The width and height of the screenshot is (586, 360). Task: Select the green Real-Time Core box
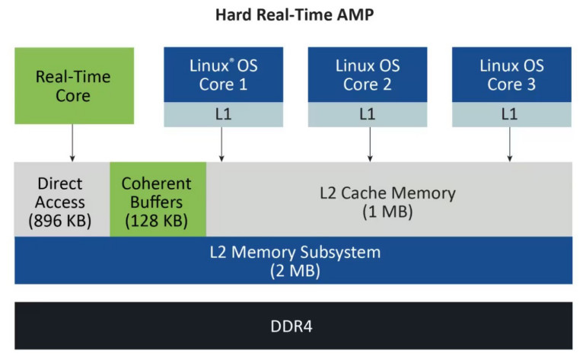74,86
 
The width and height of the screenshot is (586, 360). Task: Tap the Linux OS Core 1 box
223,75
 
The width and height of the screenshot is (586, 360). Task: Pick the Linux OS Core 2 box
367,75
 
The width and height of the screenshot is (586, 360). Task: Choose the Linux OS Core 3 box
511,75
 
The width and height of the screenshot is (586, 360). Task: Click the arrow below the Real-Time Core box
73,142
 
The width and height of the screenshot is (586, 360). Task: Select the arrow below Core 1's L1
221,144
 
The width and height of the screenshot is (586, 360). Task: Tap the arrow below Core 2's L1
370,144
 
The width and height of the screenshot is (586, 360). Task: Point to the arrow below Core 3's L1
510,144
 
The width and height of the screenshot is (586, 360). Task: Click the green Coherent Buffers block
158,199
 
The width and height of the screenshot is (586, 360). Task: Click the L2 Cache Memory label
387,193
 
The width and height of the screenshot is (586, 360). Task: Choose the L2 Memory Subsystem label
295,251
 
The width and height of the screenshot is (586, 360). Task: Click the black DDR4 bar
293,327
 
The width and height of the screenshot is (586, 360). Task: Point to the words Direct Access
61,193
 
